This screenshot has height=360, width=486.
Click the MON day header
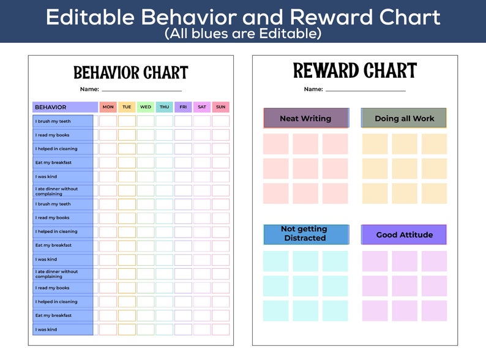108,107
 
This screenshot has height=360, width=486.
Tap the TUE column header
127,107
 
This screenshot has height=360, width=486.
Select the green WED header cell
146,107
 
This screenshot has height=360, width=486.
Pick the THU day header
164,107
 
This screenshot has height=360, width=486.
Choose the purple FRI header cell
183,107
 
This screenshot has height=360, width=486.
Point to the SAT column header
202,107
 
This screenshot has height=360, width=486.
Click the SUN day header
220,107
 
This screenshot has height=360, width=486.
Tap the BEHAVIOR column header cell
65,107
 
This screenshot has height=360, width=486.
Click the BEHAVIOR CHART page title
130,73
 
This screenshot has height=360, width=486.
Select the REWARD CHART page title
354,71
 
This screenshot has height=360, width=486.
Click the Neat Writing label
305,118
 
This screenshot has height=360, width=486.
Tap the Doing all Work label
404,118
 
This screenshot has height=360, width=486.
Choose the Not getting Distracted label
305,233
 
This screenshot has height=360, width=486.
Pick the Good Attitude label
404,234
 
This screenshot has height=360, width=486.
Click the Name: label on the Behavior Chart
89,89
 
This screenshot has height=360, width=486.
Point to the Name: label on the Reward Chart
313,89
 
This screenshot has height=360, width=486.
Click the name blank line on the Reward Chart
365,91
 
